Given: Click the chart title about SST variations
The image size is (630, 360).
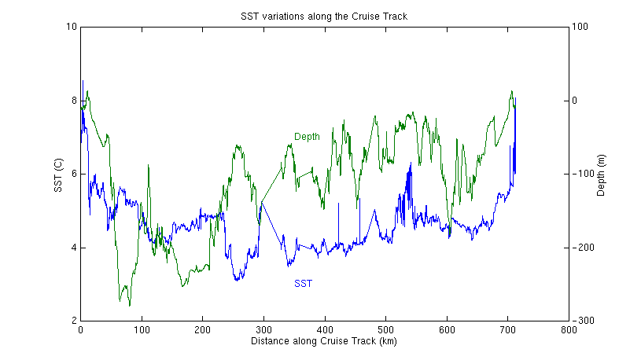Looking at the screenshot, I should pyautogui.click(x=324, y=17).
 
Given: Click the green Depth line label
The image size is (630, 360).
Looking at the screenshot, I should pyautogui.click(x=307, y=137).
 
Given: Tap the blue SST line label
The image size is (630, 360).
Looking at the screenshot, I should pyautogui.click(x=303, y=284).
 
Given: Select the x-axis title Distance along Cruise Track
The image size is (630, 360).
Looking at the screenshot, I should pyautogui.click(x=324, y=342).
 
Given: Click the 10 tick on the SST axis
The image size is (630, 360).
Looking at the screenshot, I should pyautogui.click(x=72, y=27).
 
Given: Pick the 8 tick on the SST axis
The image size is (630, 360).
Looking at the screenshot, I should pyautogui.click(x=73, y=101).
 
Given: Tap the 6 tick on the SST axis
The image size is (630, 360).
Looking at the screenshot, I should pyautogui.click(x=73, y=174).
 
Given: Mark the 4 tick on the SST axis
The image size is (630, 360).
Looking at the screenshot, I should pyautogui.click(x=73, y=248).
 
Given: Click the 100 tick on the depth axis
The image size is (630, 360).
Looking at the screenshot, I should pyautogui.click(x=580, y=27).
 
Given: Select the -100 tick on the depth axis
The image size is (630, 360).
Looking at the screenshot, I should pyautogui.click(x=581, y=174).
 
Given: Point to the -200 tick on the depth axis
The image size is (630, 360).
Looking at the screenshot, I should pyautogui.click(x=581, y=248).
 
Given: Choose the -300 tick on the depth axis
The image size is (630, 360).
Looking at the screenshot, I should pyautogui.click(x=581, y=321).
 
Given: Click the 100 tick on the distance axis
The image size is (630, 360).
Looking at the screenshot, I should pyautogui.click(x=142, y=330).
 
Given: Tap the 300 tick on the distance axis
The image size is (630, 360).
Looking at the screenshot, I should pyautogui.click(x=263, y=330).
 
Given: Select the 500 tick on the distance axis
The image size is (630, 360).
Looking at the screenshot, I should pyautogui.click(x=385, y=330).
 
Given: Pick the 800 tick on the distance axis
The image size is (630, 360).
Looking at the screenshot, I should pyautogui.click(x=568, y=330).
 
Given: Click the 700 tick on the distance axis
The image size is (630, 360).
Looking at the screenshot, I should pyautogui.click(x=507, y=330).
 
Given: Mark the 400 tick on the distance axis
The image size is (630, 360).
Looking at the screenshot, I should pyautogui.click(x=324, y=330).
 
